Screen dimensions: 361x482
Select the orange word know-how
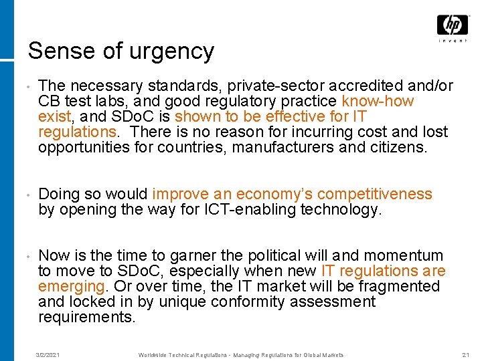click(x=378, y=102)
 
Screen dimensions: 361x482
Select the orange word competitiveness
click(x=375, y=195)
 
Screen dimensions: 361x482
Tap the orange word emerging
click(x=71, y=287)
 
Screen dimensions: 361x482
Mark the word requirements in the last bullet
click(x=87, y=317)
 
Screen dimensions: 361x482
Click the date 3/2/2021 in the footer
click(x=48, y=354)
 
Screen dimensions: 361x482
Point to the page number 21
click(x=466, y=354)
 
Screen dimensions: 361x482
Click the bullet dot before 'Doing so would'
click(x=23, y=195)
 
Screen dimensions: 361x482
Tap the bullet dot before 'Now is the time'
click(x=23, y=256)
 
